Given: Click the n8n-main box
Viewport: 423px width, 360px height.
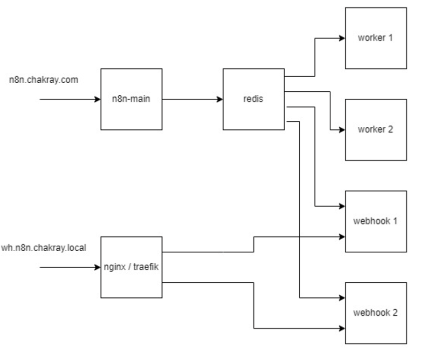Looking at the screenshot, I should coord(132,99).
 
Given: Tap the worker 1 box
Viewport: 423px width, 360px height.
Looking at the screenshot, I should coord(376,38).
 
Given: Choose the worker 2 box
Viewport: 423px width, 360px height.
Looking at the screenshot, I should coord(376,129).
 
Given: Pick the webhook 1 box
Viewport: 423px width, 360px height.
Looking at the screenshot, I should coord(376,221).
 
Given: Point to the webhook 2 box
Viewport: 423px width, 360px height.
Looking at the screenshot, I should coord(376,313).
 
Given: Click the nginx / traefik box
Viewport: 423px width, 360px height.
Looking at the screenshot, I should coord(132,267).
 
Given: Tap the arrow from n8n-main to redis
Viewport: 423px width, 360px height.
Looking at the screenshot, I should coord(193,99).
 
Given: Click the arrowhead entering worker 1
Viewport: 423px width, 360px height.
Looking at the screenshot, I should coord(342,38).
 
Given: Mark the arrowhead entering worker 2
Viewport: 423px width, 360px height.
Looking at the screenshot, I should coord(342,130).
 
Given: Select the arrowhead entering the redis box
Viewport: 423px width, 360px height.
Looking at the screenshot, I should coord(220,99).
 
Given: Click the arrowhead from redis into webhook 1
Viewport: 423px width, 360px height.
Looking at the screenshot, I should coord(342,206).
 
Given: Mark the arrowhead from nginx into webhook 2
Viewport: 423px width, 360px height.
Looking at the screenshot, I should coord(342,328).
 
